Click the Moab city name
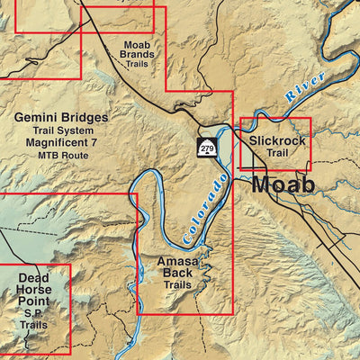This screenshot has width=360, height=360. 283,184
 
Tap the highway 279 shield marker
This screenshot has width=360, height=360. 208,148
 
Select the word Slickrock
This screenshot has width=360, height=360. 276,140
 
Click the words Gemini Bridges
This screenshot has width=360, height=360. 61,118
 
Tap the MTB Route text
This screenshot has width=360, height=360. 61,157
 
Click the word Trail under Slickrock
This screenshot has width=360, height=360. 276,153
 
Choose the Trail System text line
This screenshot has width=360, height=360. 61,131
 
